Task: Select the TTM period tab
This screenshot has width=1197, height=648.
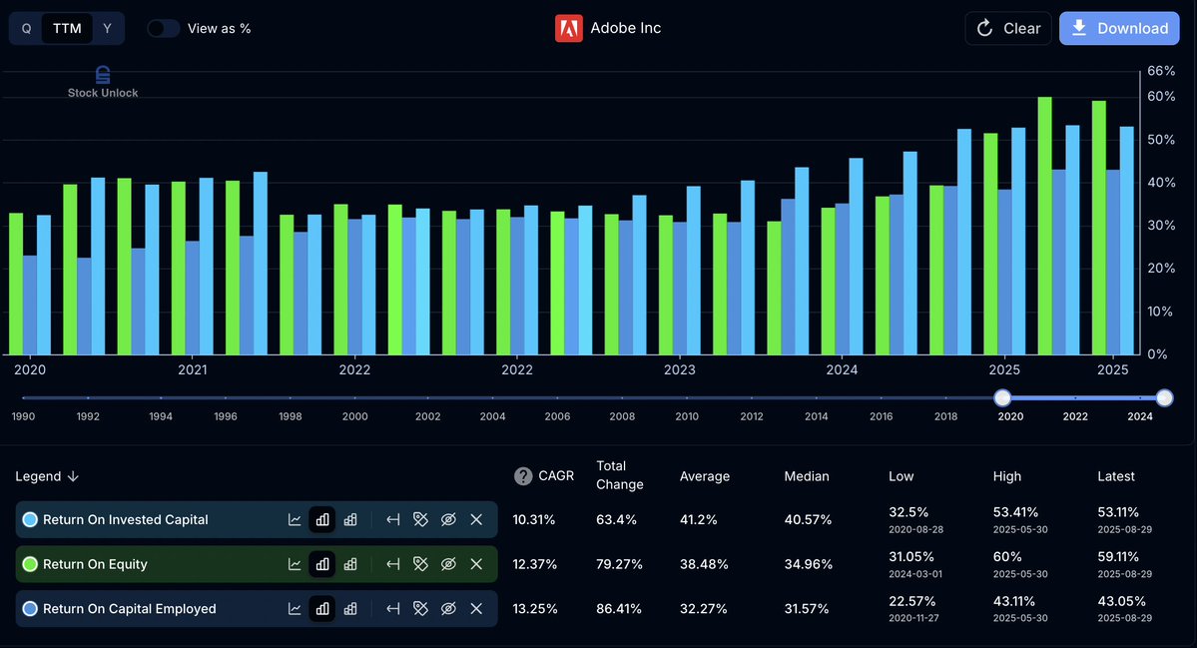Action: coord(67,28)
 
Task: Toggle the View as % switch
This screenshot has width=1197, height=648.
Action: coord(164,28)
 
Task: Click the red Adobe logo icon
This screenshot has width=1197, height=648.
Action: coord(568,28)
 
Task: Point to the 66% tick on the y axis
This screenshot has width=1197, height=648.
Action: coord(1161,71)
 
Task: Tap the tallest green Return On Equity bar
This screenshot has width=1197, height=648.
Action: coord(1045,226)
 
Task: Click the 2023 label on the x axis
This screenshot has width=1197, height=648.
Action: coord(679,369)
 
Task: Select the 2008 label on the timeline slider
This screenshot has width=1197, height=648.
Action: coord(622,416)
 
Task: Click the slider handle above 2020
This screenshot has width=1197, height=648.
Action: coord(1002,397)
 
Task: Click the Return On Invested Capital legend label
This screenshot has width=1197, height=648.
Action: coord(125,519)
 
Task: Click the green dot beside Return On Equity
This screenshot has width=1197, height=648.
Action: coord(30,564)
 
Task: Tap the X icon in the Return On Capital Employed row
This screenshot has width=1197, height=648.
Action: coord(476,608)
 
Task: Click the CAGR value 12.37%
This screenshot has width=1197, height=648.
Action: coord(535,564)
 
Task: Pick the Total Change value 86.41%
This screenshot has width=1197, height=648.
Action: coord(619,608)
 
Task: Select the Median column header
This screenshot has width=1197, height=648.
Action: coord(807,476)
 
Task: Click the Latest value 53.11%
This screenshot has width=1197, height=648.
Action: coord(1118,512)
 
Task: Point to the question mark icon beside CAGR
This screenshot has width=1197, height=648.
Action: coord(523,476)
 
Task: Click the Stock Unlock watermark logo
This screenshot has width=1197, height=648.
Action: coord(103,82)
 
